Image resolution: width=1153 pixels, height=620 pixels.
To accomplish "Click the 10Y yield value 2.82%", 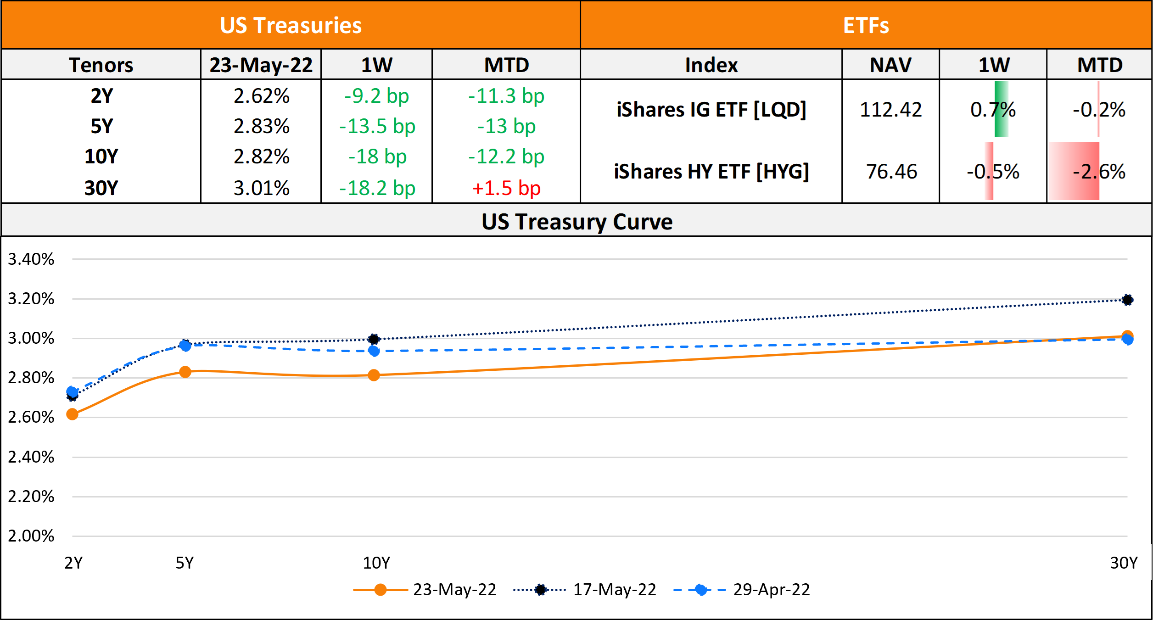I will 261,156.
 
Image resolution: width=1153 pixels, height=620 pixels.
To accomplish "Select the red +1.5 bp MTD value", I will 506,188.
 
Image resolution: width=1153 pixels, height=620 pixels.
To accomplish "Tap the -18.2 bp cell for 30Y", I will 377,188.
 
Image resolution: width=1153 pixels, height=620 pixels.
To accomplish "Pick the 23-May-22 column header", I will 261,65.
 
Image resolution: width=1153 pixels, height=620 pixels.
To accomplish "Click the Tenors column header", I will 101,65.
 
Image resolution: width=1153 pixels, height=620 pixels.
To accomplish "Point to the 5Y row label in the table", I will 101,126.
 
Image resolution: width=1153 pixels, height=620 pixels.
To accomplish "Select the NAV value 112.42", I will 890,110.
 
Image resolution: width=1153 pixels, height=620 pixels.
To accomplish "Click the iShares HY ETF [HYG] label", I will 711,172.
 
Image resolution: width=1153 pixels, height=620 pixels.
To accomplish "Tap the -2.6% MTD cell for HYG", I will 1099,172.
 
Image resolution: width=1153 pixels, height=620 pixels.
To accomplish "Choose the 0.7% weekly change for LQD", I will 993,110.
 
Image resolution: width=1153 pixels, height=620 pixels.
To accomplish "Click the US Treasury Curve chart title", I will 576,222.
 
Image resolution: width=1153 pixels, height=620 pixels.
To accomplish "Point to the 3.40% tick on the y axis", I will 31,259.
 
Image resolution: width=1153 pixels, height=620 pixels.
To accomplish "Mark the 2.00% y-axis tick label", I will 31,536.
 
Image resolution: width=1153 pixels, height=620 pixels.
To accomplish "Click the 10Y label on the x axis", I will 376,563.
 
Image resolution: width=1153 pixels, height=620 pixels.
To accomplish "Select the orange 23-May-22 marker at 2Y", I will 72,414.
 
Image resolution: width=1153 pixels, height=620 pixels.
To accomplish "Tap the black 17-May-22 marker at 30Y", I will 1127,300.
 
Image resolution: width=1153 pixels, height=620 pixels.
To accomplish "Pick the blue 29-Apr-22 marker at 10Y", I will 374,351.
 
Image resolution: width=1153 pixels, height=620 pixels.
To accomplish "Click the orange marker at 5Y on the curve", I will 185,372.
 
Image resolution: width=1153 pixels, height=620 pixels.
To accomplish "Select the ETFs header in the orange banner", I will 866,25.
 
